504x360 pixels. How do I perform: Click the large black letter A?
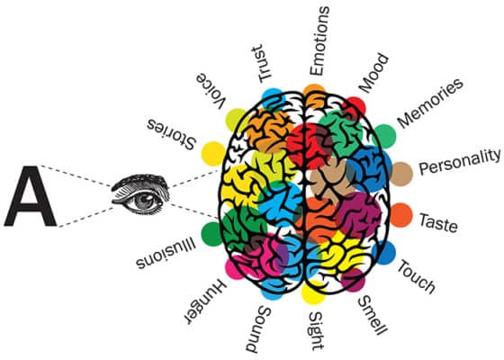(x=31, y=196)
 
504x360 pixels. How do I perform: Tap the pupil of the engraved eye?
(x=145, y=201)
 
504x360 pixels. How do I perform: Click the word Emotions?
(x=319, y=41)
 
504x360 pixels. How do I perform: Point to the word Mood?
(x=373, y=73)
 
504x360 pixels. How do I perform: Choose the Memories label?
(x=430, y=103)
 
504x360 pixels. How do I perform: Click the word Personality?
(x=460, y=162)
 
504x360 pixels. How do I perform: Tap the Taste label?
(x=438, y=222)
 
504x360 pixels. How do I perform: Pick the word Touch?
(x=417, y=276)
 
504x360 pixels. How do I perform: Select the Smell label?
(x=373, y=315)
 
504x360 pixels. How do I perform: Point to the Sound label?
(x=259, y=329)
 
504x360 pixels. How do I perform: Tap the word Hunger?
(x=206, y=301)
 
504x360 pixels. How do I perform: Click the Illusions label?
(x=166, y=253)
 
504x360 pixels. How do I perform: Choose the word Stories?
(x=172, y=134)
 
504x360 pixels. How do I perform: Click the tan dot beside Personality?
(x=401, y=174)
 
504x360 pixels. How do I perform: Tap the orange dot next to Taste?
(x=401, y=215)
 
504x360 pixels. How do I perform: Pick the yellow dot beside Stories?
(x=213, y=154)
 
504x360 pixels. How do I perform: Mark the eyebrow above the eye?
(x=140, y=181)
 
